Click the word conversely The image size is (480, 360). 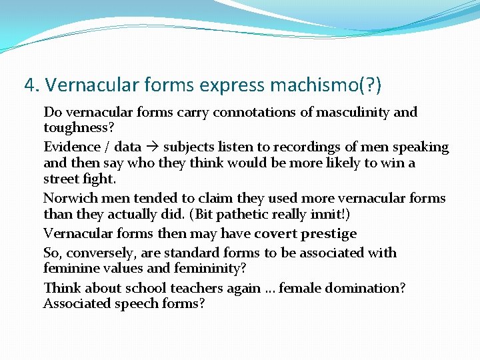97,253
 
